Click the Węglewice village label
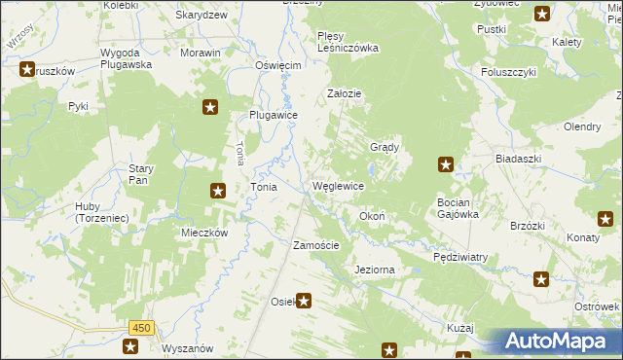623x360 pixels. pos(339,186)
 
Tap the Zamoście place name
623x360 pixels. pos(316,246)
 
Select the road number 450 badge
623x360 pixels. pos(140,328)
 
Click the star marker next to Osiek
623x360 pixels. pos(304,302)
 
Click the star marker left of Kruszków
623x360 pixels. pos(26,69)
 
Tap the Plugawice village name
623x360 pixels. pos(274,114)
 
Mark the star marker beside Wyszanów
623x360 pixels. pos(131,345)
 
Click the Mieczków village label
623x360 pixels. pos(204,234)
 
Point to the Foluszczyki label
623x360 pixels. pos(508,72)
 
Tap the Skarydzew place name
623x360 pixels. pos(202,17)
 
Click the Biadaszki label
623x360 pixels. pos(517,158)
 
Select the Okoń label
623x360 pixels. pos(372,216)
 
